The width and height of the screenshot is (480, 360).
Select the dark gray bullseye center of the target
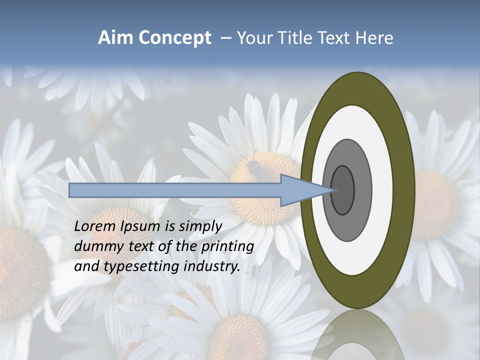click(342, 190)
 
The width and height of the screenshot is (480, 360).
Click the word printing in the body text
click(229, 246)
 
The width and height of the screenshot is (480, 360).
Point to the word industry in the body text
click(212, 266)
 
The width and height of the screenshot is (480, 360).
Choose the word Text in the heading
click(334, 38)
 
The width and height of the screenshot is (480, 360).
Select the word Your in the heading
click(253, 38)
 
